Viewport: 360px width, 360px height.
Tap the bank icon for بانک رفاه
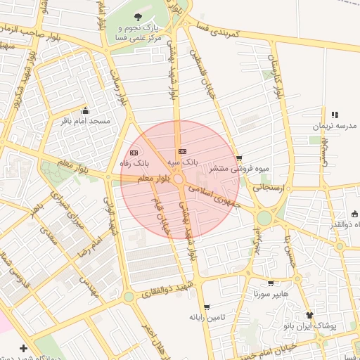134,153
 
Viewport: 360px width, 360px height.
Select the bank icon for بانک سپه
183,151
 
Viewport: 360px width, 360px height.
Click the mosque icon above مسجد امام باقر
86,110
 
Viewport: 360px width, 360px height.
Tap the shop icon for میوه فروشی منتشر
240,158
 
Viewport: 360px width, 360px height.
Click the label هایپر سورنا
268,294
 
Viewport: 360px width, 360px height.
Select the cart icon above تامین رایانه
206,307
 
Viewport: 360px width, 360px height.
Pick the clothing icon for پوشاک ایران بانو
310,315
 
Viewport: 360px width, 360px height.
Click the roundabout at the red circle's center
180,180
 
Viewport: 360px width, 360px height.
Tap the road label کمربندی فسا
219,29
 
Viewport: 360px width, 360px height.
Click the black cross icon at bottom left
24,348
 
